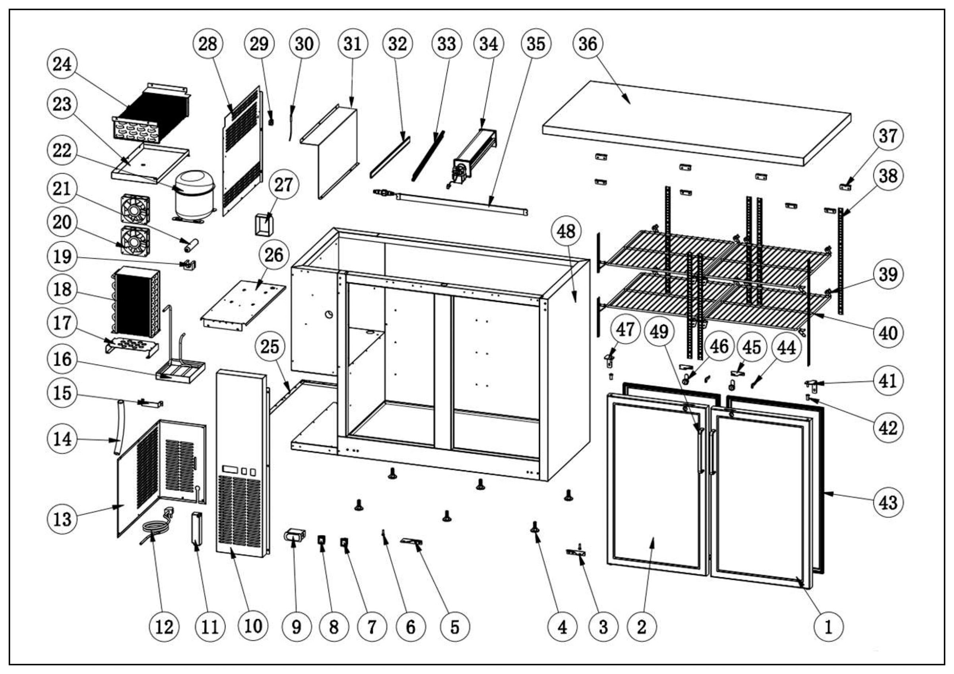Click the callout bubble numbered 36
click(x=587, y=44)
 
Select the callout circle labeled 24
click(x=62, y=64)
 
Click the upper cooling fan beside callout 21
click(x=135, y=209)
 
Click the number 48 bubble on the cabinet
click(x=566, y=231)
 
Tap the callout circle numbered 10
click(x=253, y=626)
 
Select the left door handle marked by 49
click(x=701, y=451)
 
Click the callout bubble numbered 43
click(x=888, y=502)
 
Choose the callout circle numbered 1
click(x=828, y=627)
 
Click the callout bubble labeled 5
click(x=455, y=627)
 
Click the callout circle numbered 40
click(x=888, y=333)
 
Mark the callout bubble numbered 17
click(x=62, y=323)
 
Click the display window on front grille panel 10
click(x=229, y=470)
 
